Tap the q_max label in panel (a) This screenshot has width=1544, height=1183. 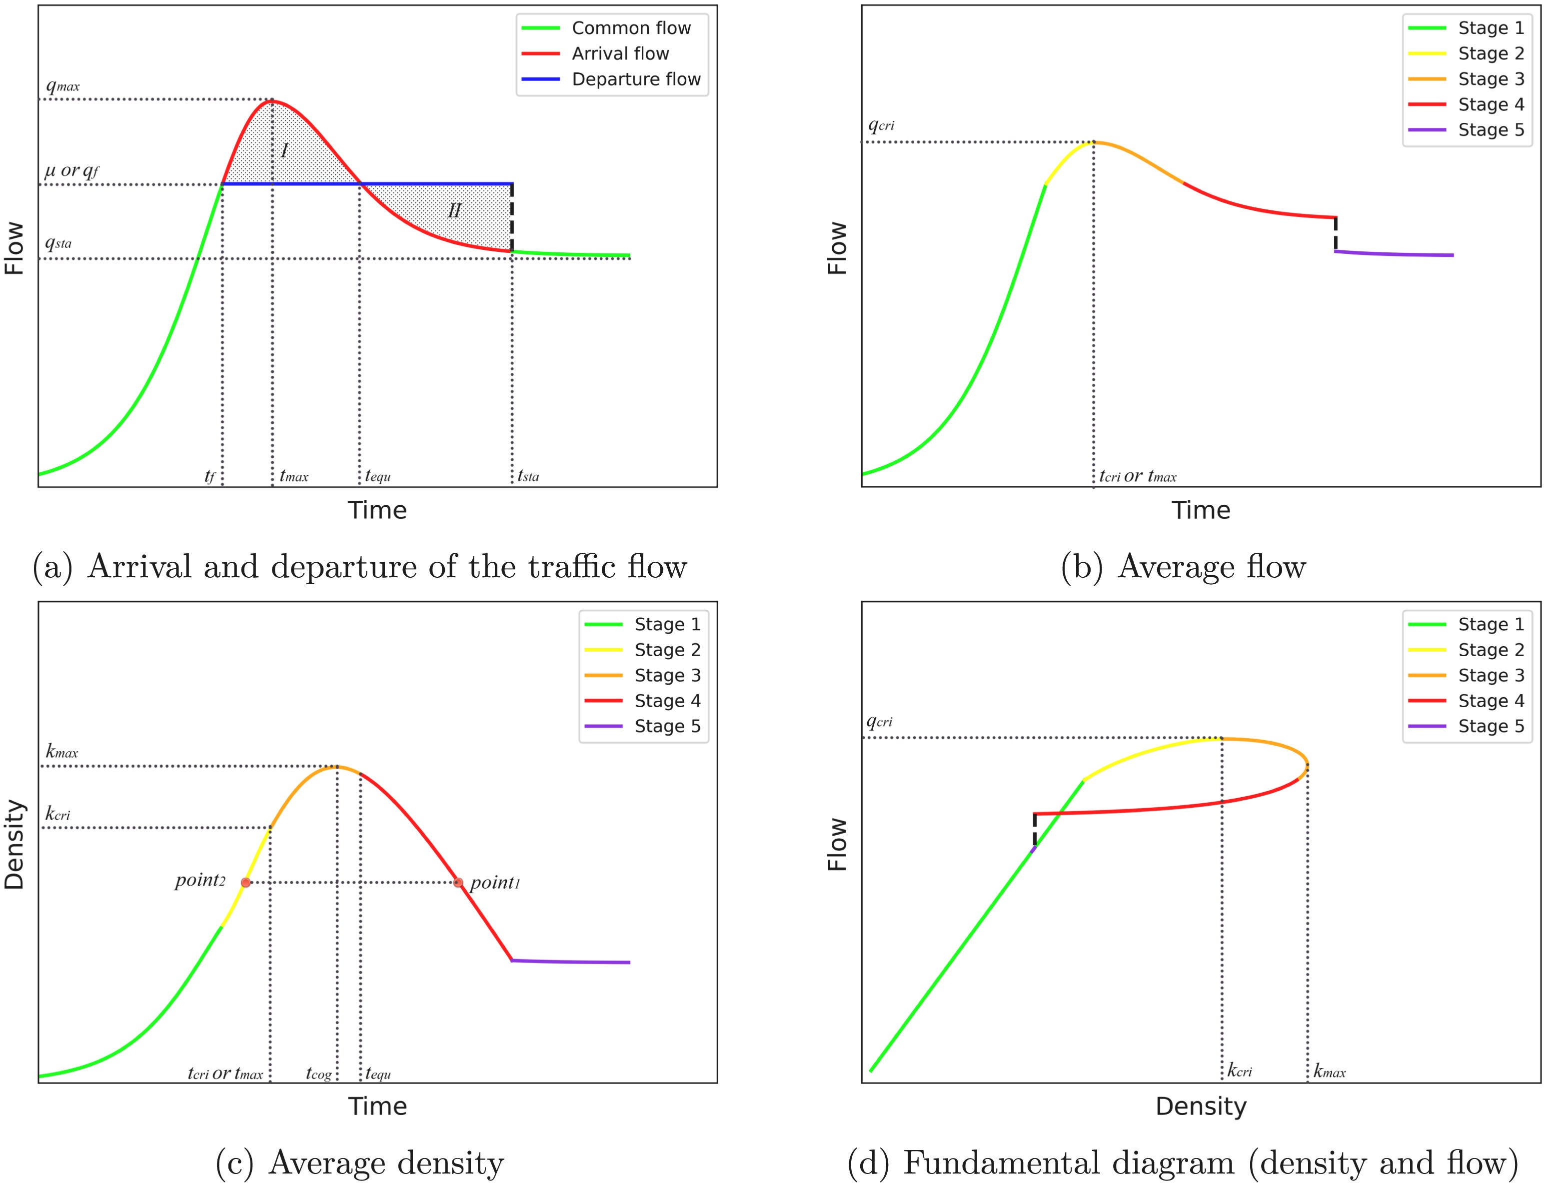coord(62,86)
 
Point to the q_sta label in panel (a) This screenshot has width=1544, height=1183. coord(58,243)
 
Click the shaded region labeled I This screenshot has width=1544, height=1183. coord(284,149)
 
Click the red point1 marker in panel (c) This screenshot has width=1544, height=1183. coord(458,882)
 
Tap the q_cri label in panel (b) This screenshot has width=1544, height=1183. coord(881,125)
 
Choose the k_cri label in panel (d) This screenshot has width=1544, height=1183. coord(1239,1071)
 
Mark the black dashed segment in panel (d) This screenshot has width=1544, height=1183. coord(1034,830)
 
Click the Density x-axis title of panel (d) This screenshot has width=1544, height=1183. coord(1201,1106)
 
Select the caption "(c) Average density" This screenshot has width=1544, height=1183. coord(360,1163)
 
